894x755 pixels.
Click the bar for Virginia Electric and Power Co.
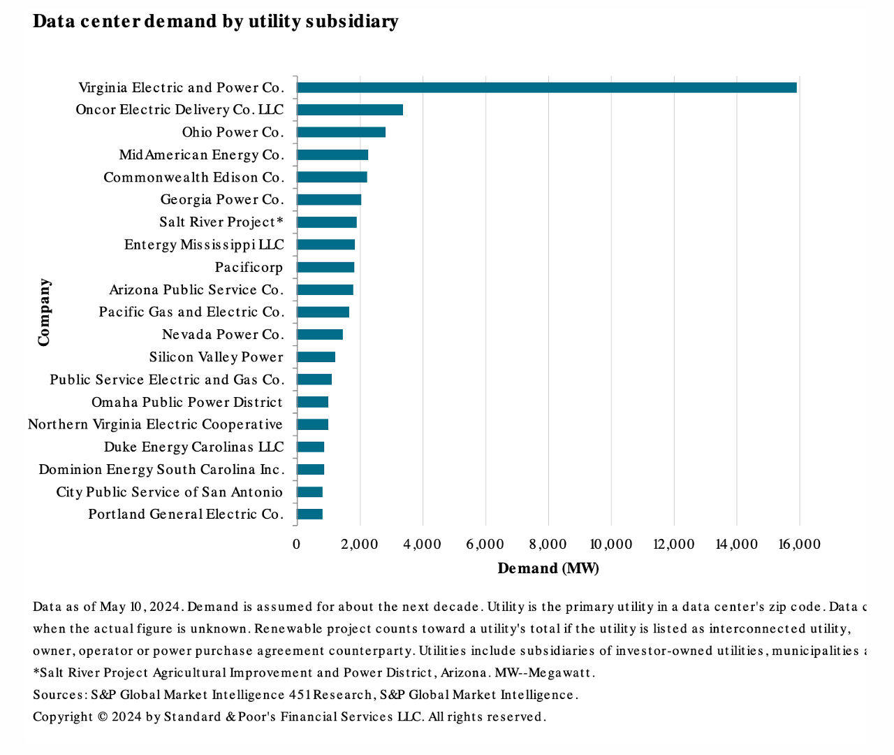546,87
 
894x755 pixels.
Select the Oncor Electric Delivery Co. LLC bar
349,110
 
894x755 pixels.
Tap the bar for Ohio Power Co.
341,132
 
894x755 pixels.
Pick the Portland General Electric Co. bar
309,515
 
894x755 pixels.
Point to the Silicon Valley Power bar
316,357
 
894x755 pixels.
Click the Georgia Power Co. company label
222,200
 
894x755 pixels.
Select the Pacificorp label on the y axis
249,267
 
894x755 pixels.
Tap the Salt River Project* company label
221,222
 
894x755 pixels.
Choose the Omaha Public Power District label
187,402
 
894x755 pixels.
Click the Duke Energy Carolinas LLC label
194,447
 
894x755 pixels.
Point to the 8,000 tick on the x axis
548,545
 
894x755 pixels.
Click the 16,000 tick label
799,545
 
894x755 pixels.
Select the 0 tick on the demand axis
297,545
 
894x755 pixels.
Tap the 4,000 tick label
423,545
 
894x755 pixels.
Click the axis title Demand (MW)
548,568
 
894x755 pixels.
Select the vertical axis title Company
44,312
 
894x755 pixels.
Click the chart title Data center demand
215,22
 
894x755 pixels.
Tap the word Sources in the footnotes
59,695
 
